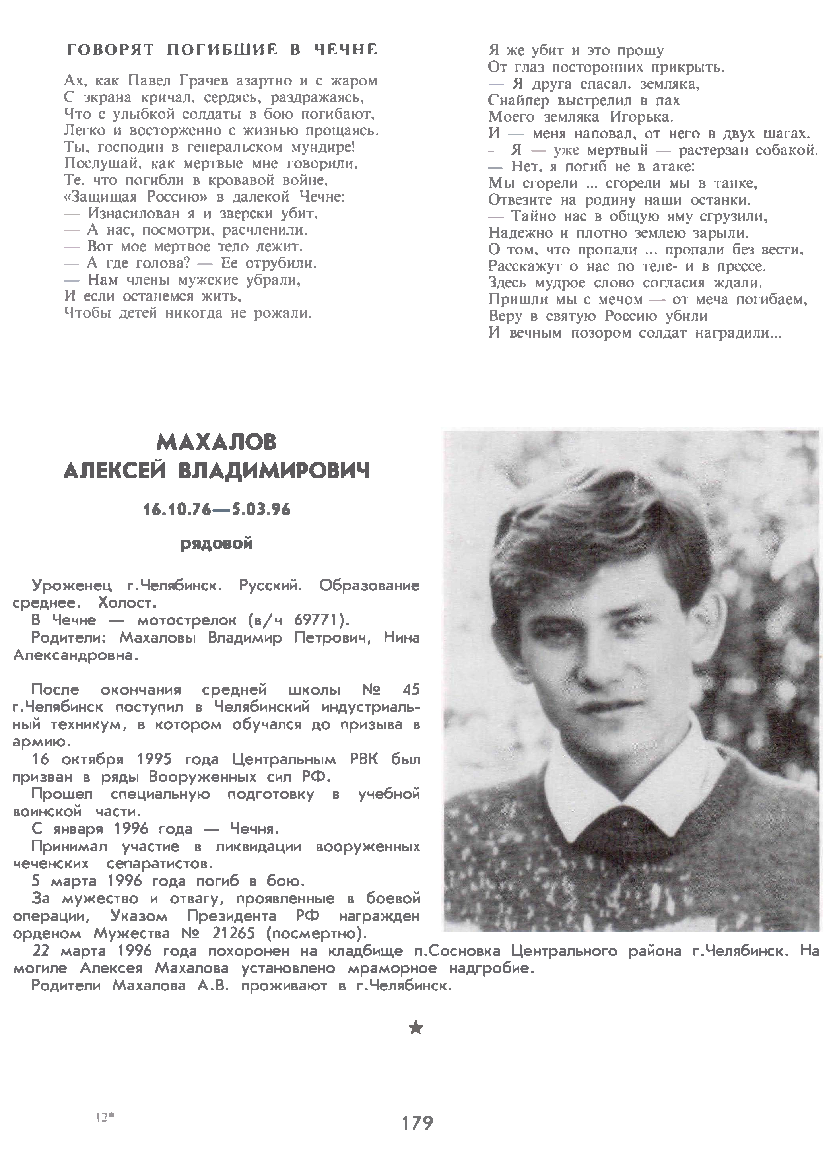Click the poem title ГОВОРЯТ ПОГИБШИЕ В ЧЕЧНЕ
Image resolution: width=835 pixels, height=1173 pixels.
click(x=222, y=50)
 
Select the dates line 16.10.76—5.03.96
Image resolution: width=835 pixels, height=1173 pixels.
click(x=216, y=510)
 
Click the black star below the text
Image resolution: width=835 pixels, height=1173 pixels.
click(x=416, y=1028)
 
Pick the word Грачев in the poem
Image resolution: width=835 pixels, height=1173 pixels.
click(x=205, y=81)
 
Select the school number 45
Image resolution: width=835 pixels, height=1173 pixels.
click(x=411, y=689)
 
